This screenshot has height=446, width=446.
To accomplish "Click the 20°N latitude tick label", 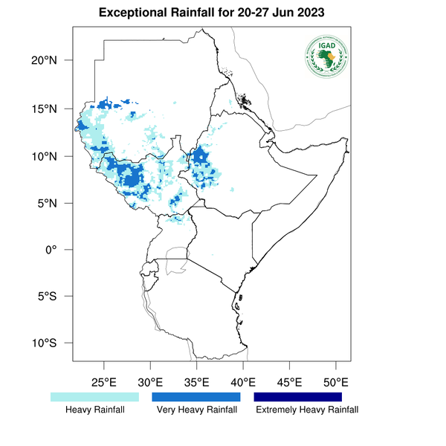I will point(54,60).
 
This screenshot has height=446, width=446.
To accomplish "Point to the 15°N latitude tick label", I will point(54,109).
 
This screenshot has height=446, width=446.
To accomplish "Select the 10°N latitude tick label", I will point(54,156).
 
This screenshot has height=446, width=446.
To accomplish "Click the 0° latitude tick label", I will point(60,250).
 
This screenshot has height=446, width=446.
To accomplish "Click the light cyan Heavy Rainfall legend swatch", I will point(94,397).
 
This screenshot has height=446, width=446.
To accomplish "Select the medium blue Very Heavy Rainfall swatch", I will point(196,397).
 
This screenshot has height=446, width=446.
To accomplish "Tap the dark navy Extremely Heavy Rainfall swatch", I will point(298,397).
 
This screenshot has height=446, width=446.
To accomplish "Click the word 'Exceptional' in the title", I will point(132,14).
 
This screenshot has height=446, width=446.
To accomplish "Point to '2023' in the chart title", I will point(332,14).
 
